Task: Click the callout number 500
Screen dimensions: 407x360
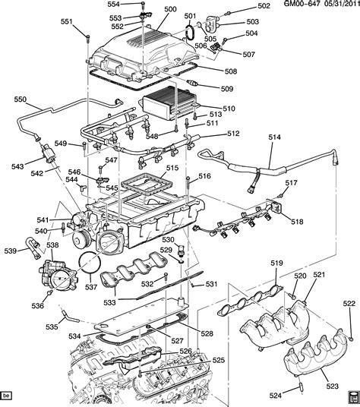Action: [x=171, y=9]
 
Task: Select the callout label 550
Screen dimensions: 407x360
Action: [x=21, y=99]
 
